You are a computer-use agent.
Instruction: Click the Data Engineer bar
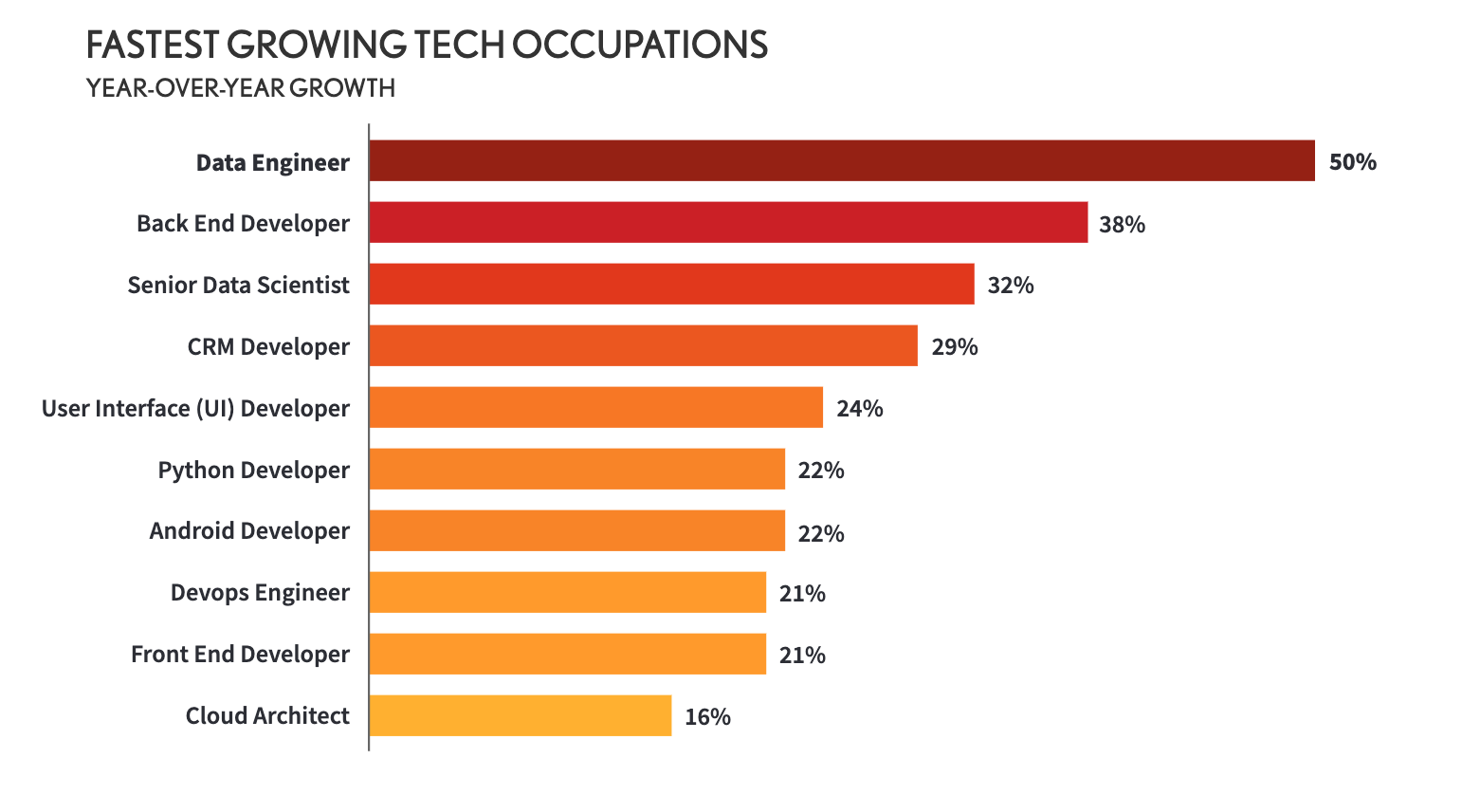(841, 160)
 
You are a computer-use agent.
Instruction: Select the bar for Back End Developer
(727, 222)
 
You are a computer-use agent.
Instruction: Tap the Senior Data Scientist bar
(671, 284)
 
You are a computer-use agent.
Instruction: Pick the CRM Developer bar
(643, 345)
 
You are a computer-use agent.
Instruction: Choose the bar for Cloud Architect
(520, 715)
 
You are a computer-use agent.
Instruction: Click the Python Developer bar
(576, 469)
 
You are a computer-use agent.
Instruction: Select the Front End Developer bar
(567, 654)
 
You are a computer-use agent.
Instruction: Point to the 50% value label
(1352, 162)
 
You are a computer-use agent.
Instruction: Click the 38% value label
(1122, 225)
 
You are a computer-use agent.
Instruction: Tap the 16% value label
(707, 717)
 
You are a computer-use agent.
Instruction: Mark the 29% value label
(954, 347)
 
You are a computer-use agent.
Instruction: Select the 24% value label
(859, 409)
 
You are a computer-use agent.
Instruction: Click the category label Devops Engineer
(260, 593)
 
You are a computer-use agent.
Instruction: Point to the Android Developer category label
(249, 531)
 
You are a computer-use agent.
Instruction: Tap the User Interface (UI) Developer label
(195, 409)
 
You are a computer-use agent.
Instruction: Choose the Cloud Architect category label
(267, 715)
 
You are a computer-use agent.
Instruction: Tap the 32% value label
(1010, 286)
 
